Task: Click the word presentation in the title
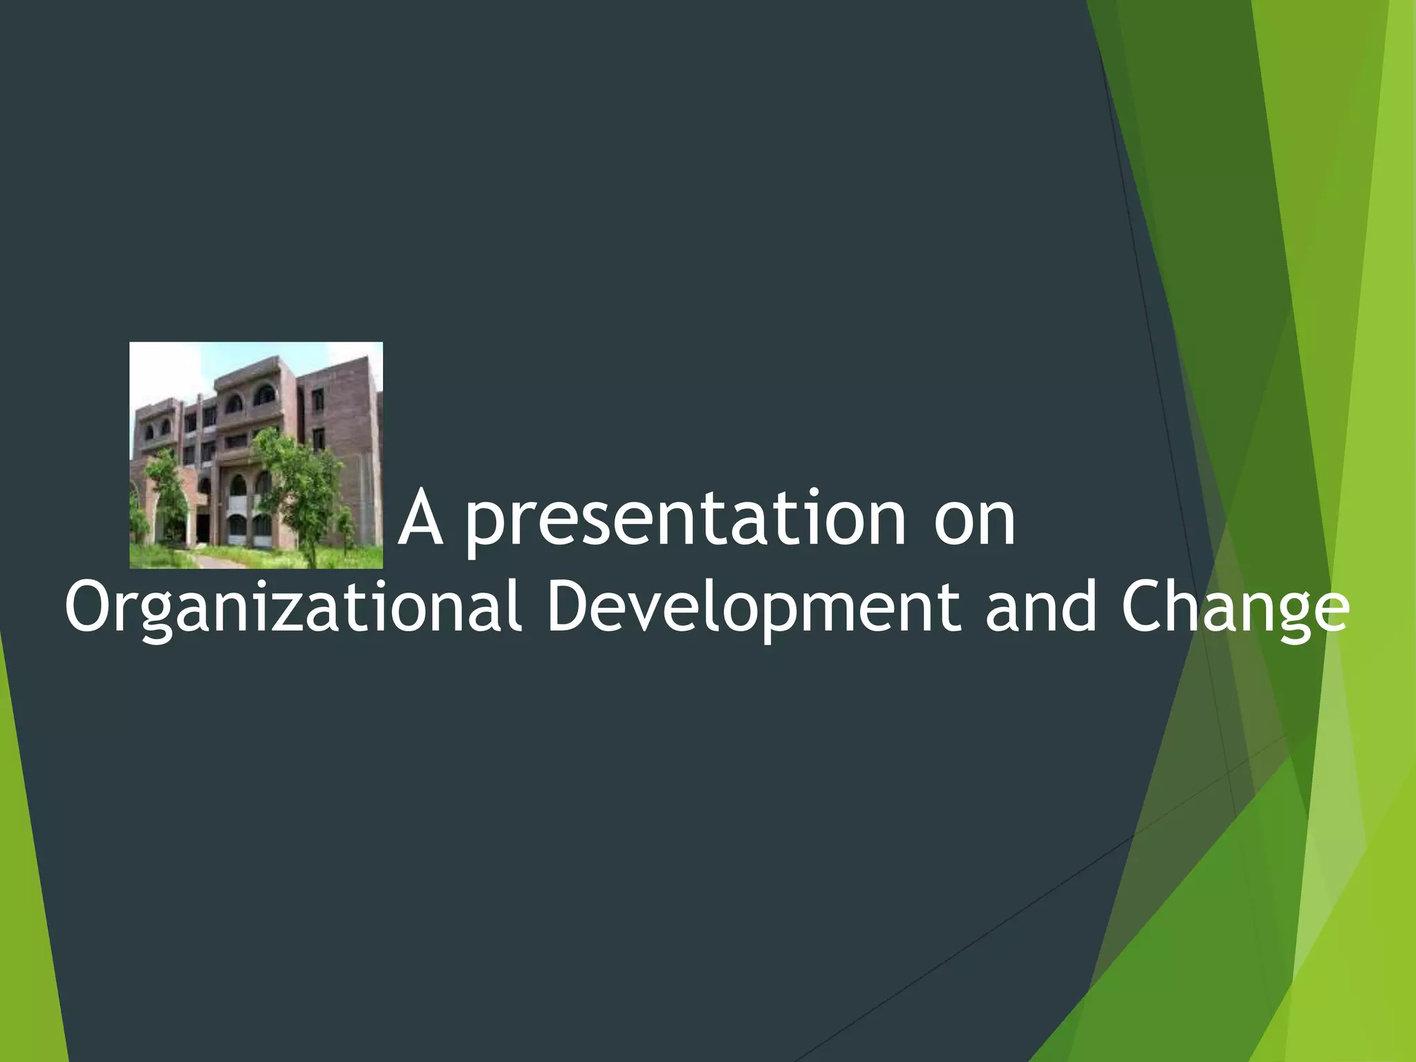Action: [684, 520]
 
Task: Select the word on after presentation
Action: [975, 520]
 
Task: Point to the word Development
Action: [752, 608]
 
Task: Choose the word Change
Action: [1235, 608]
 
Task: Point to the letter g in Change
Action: [1286, 615]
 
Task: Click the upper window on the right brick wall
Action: [318, 400]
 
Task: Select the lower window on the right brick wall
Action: [318, 440]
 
